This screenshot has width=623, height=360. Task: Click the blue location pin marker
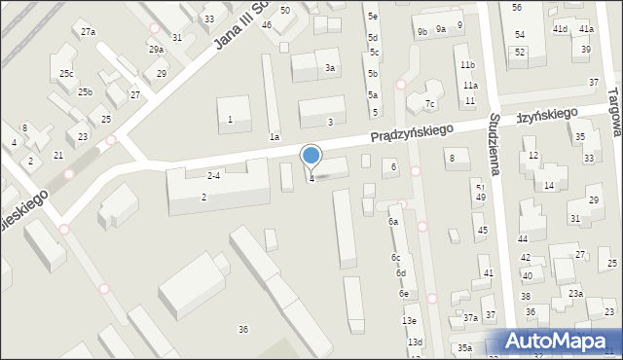coord(311,156)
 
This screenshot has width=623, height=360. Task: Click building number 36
coord(243,330)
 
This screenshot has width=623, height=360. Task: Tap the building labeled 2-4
coord(213,176)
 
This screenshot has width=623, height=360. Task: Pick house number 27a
coord(89,32)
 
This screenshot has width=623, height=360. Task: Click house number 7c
coord(429,104)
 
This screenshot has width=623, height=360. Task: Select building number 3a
coord(331,68)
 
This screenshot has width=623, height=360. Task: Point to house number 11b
coord(467,65)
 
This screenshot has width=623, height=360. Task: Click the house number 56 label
coord(517,8)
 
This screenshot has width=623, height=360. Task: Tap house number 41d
coord(560,30)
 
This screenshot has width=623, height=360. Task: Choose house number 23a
coord(576,293)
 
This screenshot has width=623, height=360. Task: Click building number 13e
coord(410,321)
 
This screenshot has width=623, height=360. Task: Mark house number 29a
coord(156,50)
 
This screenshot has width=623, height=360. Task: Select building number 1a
coord(275,138)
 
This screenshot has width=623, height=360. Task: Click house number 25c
coord(66,74)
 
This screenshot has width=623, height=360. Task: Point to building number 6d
coord(400,273)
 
